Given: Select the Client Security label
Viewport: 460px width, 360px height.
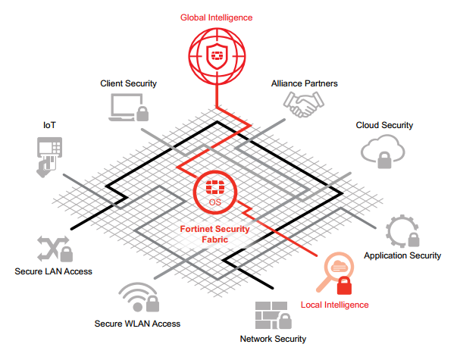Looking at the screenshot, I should (128, 83).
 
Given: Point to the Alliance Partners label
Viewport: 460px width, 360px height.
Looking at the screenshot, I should (305, 83).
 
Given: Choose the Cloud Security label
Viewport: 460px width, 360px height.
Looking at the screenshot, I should (384, 125).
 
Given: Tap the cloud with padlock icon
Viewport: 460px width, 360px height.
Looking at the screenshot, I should (382, 152).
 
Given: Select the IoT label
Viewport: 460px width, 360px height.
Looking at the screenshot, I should (50, 123).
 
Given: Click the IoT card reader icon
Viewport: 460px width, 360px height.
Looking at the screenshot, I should (49, 155).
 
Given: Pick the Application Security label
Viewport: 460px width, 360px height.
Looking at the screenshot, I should (402, 255).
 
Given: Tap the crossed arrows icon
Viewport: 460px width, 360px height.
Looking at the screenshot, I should (53, 248).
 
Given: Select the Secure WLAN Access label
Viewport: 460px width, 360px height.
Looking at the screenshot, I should (137, 324).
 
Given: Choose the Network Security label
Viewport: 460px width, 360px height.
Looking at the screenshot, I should (273, 339).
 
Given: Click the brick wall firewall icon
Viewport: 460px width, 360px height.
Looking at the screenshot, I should (274, 314).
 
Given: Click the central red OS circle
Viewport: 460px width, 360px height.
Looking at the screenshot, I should (214, 192).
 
